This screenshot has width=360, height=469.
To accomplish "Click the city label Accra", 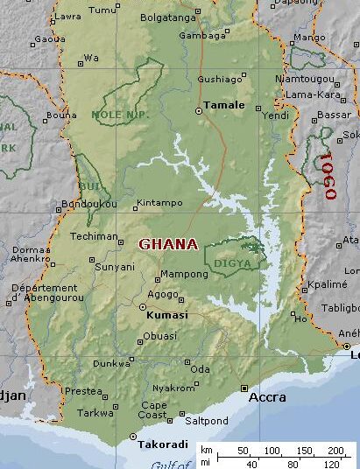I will tap(268, 397).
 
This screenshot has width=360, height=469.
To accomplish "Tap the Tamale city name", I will tap(223, 105).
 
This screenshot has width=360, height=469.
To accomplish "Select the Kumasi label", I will tap(169, 314).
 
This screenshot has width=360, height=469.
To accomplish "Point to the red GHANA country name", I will tap(168, 244).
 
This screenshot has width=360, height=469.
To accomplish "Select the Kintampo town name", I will tap(161, 204).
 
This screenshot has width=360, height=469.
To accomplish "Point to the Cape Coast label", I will tap(153, 411).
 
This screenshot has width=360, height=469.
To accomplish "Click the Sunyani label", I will tap(115, 266).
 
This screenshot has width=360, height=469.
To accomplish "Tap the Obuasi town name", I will tap(159, 335).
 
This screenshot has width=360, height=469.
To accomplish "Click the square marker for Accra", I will tap(244, 388).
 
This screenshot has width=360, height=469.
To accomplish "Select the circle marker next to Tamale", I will tap(198, 111).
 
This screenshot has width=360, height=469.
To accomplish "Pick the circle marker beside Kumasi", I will tap(143, 306).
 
